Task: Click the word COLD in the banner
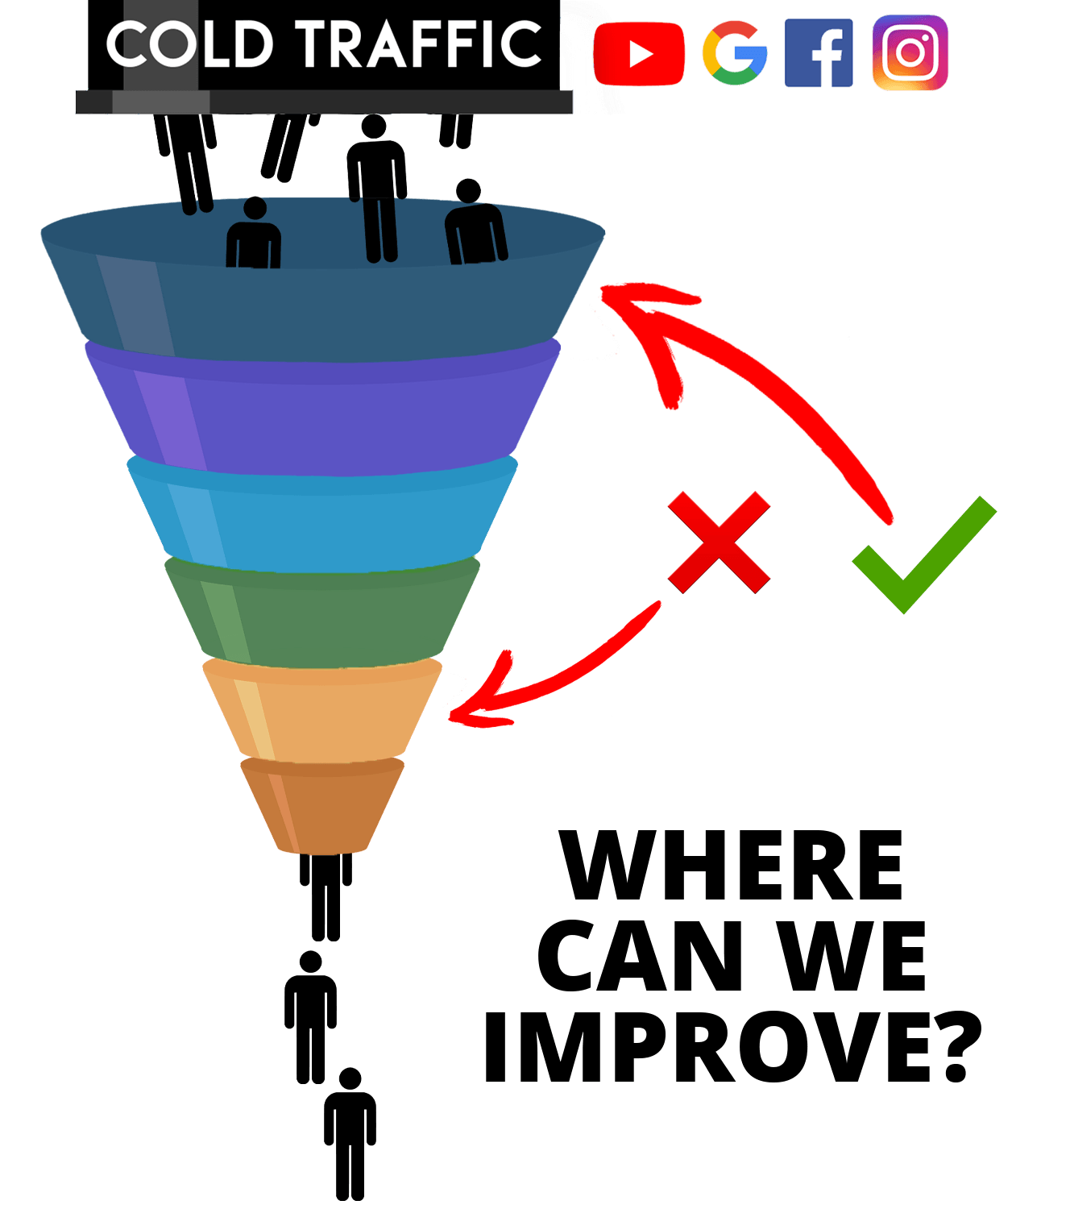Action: (x=190, y=44)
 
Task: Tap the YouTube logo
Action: (x=638, y=54)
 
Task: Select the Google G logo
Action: (x=734, y=53)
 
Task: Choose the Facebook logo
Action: (x=819, y=52)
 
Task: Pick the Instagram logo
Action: (x=910, y=52)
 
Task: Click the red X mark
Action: (x=719, y=542)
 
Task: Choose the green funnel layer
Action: (x=322, y=617)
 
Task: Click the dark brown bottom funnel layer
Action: (x=322, y=806)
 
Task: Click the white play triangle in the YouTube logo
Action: (x=641, y=55)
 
